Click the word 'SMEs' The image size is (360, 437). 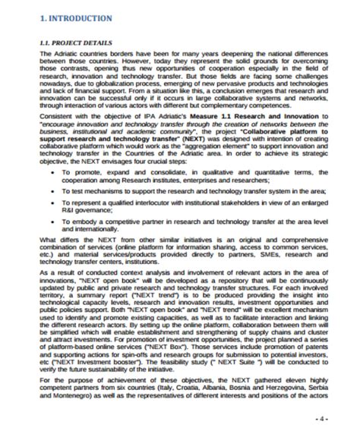[x=255, y=258]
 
